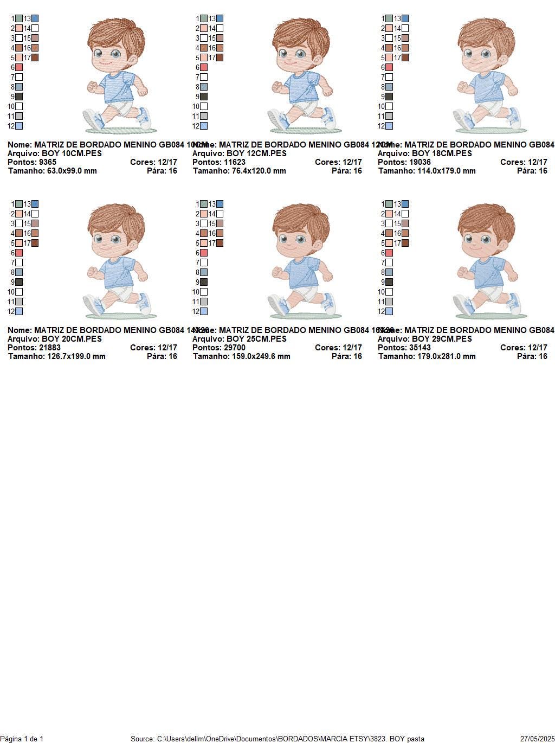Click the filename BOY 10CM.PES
click(72, 153)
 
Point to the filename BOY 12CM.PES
click(256, 153)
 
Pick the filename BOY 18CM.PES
click(442, 153)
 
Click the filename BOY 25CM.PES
click(256, 339)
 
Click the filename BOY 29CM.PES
click(442, 339)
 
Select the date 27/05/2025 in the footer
click(537, 739)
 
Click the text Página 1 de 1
click(22, 739)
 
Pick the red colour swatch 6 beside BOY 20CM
click(19, 253)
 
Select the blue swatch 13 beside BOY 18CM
click(405, 18)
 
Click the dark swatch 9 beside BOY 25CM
click(204, 282)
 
